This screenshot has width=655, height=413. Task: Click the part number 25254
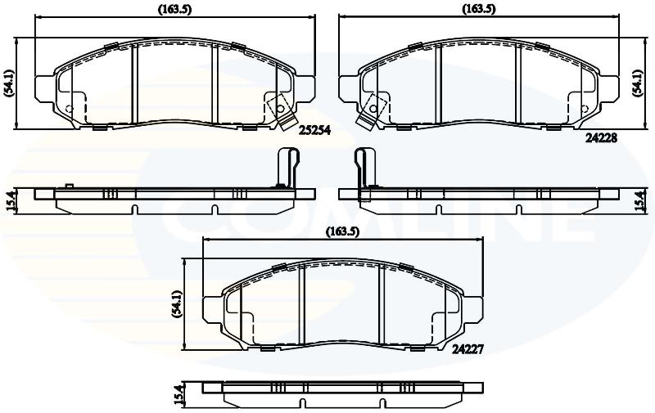click(x=314, y=131)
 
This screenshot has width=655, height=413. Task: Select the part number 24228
click(x=601, y=138)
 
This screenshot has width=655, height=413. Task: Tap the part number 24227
click(x=468, y=349)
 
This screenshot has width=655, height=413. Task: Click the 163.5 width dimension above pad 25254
click(x=174, y=9)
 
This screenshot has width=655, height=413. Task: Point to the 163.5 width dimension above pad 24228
click(x=479, y=9)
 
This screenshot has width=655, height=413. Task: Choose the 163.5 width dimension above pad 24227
click(x=342, y=231)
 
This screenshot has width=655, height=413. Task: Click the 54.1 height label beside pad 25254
click(x=9, y=83)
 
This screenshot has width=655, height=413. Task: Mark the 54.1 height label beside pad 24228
click(x=638, y=83)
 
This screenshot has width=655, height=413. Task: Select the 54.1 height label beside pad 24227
click(x=177, y=305)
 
